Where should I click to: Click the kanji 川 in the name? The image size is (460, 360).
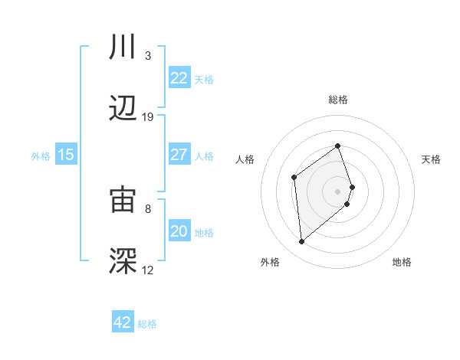pos(123,47)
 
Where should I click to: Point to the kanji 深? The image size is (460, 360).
pos(123,260)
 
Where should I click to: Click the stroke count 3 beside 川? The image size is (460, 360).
pos(148,56)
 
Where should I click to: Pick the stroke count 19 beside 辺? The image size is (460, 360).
pos(148,116)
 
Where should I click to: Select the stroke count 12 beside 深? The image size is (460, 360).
pos(148,270)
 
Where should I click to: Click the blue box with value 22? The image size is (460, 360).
pos(179,78)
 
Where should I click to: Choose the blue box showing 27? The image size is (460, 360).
pos(179,155)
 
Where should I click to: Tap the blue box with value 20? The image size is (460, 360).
pos(179,231)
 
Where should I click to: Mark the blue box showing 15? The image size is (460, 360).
pos(66,155)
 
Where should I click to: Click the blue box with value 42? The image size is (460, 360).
pos(123,322)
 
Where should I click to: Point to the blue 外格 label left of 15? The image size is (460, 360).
pos(41,156)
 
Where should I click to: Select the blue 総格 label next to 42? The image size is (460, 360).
pos(147,324)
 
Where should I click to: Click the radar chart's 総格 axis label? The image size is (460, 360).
pos(338,100)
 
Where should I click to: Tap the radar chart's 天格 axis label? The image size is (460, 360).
pos(432,159)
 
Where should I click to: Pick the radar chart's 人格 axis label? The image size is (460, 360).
pos(245,159)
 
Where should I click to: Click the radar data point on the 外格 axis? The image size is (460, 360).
pos(302,242)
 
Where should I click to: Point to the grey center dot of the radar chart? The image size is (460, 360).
pos(338,191)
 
